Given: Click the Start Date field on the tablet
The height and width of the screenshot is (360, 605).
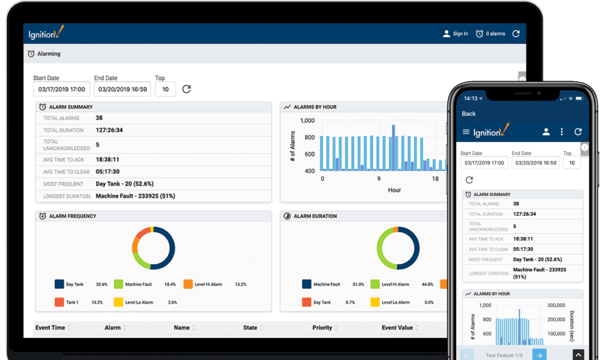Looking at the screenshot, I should tap(62, 90).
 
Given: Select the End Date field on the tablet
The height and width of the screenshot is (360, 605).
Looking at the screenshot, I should tap(122, 90).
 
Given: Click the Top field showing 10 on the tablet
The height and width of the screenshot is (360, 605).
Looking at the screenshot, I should tap(165, 90).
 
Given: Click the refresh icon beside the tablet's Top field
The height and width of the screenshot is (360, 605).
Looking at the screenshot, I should tap(187, 89).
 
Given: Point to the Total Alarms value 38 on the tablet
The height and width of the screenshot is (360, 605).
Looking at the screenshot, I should tap(100, 118).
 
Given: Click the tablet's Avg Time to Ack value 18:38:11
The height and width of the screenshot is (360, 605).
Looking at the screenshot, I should tap(108, 160).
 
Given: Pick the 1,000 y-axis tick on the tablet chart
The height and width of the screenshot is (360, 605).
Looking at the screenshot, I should tap(308, 120).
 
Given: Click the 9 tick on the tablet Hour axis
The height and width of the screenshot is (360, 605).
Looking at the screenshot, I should tap(379, 179).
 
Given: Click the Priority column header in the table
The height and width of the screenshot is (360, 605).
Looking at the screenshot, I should tap(322, 328).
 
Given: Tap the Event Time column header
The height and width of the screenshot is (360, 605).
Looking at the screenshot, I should tap(50, 328).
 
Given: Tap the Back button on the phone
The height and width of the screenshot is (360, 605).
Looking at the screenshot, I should tap(469, 114).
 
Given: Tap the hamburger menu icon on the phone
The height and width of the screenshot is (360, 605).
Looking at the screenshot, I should tap(466, 132).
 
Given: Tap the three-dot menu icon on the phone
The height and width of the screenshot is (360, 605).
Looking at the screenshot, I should tap(562, 132).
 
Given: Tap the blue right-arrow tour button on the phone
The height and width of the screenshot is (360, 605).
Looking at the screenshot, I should tap(539, 355).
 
